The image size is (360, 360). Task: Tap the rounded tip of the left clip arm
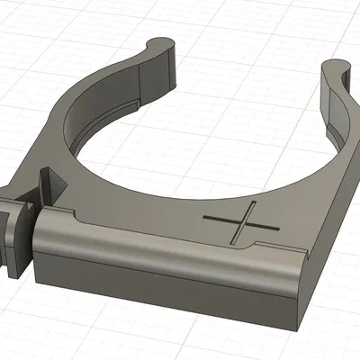pyautogui.click(x=161, y=42)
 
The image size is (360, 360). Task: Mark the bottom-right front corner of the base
pyautogui.click(x=298, y=297)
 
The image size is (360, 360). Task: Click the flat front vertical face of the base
pyautogui.click(x=162, y=270)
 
